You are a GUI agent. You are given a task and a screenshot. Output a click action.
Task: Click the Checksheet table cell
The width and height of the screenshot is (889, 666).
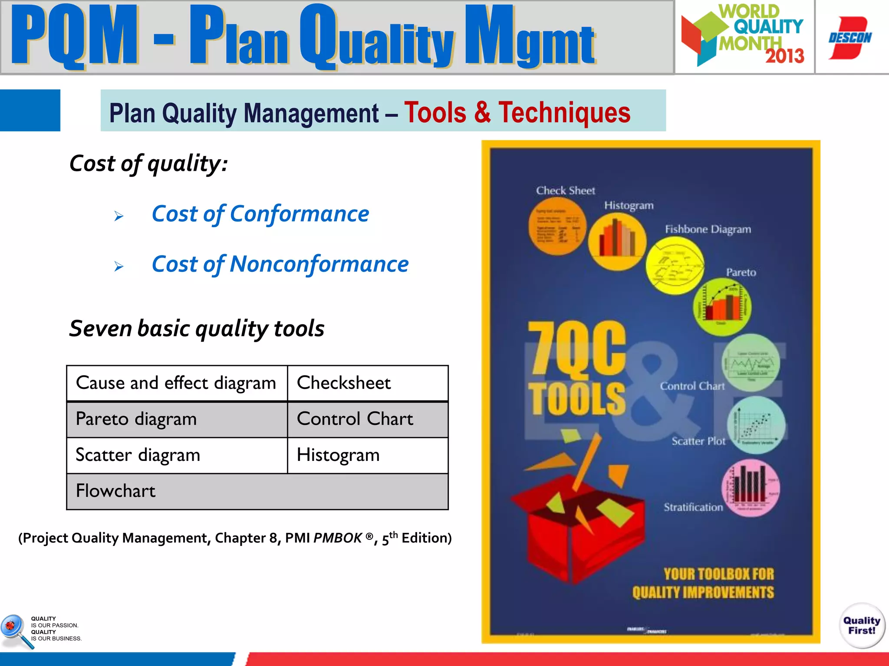367,383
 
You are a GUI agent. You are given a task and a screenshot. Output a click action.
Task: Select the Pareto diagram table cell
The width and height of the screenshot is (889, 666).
177,419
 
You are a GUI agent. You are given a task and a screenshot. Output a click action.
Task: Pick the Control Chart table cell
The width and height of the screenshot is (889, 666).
367,419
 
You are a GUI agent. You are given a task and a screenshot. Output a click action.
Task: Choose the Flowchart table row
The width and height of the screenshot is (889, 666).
257,491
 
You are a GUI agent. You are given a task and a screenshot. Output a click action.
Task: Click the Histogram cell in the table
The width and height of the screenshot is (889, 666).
367,455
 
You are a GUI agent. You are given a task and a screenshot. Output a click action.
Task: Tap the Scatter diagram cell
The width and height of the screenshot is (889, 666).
177,455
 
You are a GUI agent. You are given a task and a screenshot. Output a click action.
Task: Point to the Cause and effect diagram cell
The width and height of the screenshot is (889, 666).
177,383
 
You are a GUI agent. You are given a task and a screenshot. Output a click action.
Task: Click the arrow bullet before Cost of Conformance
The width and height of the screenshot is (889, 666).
119,216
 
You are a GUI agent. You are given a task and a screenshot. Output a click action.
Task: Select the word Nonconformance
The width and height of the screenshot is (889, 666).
319,264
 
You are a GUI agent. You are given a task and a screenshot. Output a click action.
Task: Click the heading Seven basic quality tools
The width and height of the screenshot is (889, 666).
197,328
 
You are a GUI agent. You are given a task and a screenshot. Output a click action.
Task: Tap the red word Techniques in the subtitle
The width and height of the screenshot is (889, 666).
564,113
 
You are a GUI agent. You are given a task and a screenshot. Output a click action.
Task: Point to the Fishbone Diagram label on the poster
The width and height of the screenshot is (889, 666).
708,229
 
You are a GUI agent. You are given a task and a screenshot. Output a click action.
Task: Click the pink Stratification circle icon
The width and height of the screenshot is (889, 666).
750,488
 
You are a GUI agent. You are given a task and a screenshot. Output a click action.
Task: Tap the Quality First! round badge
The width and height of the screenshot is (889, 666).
862,625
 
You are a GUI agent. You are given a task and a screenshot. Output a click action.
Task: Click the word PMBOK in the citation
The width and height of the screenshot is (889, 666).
338,538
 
